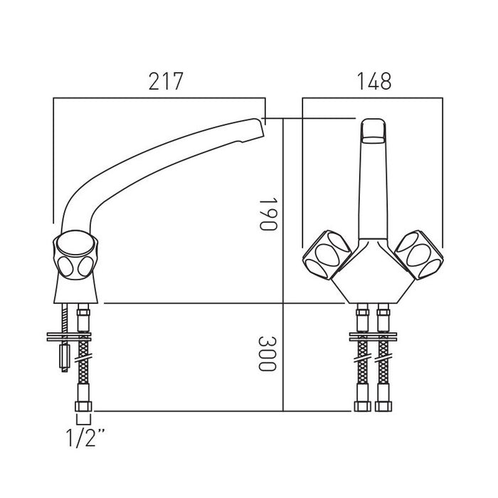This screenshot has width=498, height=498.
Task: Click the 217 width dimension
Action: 166,81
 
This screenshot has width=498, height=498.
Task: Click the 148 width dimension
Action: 374,81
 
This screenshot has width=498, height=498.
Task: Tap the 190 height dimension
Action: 268,214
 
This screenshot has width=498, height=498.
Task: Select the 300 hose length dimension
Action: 267,354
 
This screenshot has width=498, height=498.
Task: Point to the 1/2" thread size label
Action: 85,438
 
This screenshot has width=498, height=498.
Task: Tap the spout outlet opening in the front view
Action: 374,139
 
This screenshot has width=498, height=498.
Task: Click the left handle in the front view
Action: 327,255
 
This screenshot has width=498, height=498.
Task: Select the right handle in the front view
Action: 418,255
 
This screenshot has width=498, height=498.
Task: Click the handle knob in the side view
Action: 75,255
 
